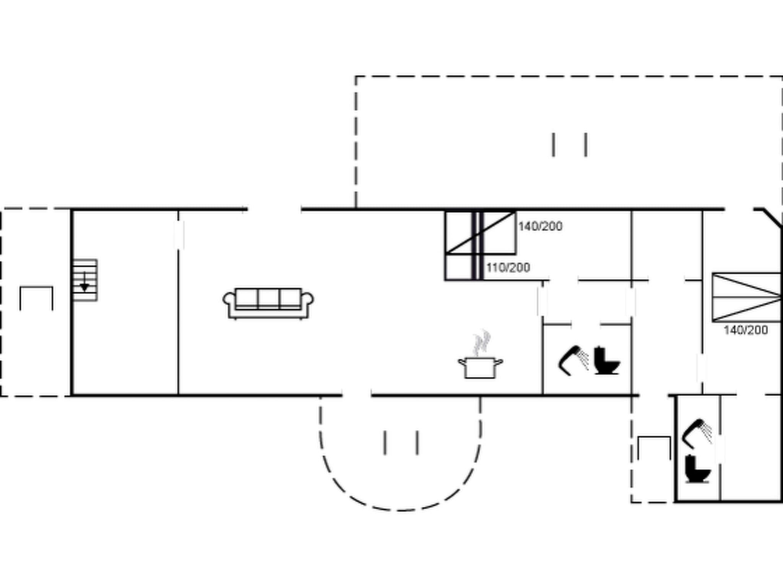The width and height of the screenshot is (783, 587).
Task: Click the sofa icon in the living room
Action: click(268, 303)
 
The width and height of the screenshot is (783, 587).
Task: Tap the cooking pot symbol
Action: click(481, 368)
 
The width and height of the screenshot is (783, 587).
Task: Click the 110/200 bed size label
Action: click(508, 268)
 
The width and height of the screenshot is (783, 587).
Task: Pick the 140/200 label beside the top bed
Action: click(540, 226)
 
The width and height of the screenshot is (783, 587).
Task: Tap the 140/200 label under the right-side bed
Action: click(746, 330)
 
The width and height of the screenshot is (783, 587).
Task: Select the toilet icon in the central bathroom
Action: click(606, 360)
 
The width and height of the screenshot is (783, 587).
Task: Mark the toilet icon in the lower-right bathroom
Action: click(697, 469)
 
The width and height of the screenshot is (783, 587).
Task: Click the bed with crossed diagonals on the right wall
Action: click(746, 297)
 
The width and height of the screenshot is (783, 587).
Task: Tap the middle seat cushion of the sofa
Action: click(268, 298)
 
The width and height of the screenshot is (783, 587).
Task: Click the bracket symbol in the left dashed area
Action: click(36, 298)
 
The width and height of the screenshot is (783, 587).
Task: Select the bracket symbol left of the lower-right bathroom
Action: click(654, 447)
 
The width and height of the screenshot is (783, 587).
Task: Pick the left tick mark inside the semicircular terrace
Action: click(385, 443)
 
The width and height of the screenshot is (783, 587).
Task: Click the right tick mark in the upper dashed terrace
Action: click(586, 144)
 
